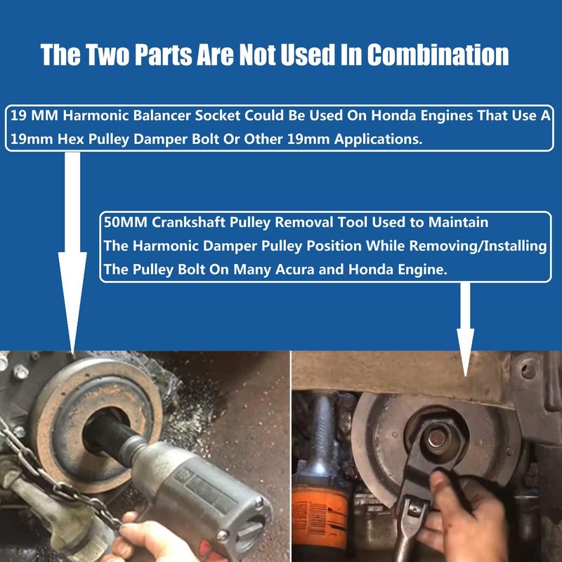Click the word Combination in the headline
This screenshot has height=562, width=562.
pos(438,55)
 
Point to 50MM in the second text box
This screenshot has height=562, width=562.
pos(126,222)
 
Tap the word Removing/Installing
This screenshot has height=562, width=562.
pos(478,246)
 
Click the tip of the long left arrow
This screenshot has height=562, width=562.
pos(72,353)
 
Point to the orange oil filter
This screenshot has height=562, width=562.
pos(320,514)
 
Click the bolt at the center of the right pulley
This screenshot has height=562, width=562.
pos(437,438)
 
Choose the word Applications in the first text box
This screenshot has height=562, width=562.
pos(378,139)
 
